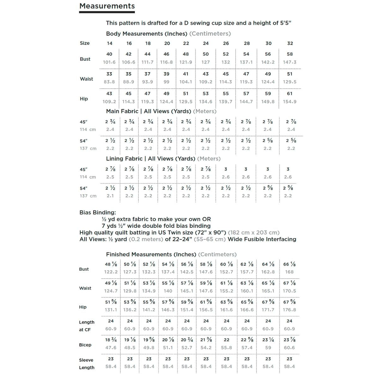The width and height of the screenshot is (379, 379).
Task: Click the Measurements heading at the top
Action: [x=107, y=6]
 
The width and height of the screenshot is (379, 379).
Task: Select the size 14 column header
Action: [x=110, y=43]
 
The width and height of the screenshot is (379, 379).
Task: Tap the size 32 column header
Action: [x=290, y=43]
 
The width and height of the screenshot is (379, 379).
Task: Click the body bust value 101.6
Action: [x=109, y=62]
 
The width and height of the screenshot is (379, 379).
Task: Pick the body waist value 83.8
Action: [x=109, y=82]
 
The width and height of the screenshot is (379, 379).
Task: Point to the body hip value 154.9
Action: [x=290, y=102]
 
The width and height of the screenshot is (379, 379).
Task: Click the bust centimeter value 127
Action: [x=206, y=62]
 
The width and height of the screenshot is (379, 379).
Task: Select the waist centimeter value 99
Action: [x=166, y=82]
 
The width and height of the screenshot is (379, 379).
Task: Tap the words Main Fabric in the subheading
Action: [x=122, y=111]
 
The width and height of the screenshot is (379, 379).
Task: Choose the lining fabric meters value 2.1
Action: [x=110, y=196]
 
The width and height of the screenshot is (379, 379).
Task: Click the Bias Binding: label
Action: [x=98, y=213]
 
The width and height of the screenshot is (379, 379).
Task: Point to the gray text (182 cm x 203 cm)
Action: [x=254, y=232]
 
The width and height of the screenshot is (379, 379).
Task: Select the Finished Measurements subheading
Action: [x=151, y=254]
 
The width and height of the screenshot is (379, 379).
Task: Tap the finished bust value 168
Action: [x=289, y=272]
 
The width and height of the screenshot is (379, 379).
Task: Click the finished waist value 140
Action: [x=168, y=291]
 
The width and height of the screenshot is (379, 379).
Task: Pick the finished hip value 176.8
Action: [x=289, y=310]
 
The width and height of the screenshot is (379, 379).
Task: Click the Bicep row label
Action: [x=85, y=345]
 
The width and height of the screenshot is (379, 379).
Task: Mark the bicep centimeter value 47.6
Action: [x=111, y=348]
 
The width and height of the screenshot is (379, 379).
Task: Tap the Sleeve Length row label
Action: [x=86, y=364]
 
